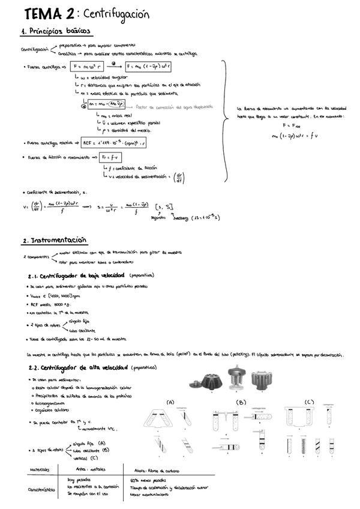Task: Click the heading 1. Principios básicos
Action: tap(55, 31)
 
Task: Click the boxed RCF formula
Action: tap(115, 143)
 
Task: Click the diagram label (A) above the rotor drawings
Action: tap(170, 402)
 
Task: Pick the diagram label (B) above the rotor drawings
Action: tap(241, 402)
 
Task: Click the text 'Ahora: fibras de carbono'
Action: tap(157, 471)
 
